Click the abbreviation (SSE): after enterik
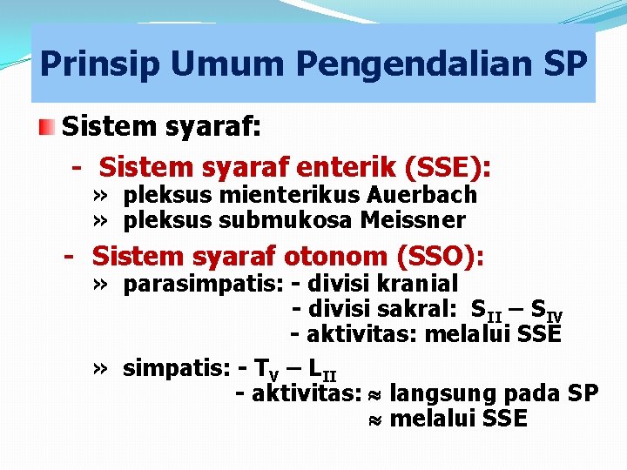pyautogui.click(x=447, y=166)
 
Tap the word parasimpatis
pyautogui.click(x=190, y=284)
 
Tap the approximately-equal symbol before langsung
pyautogui.click(x=375, y=394)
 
